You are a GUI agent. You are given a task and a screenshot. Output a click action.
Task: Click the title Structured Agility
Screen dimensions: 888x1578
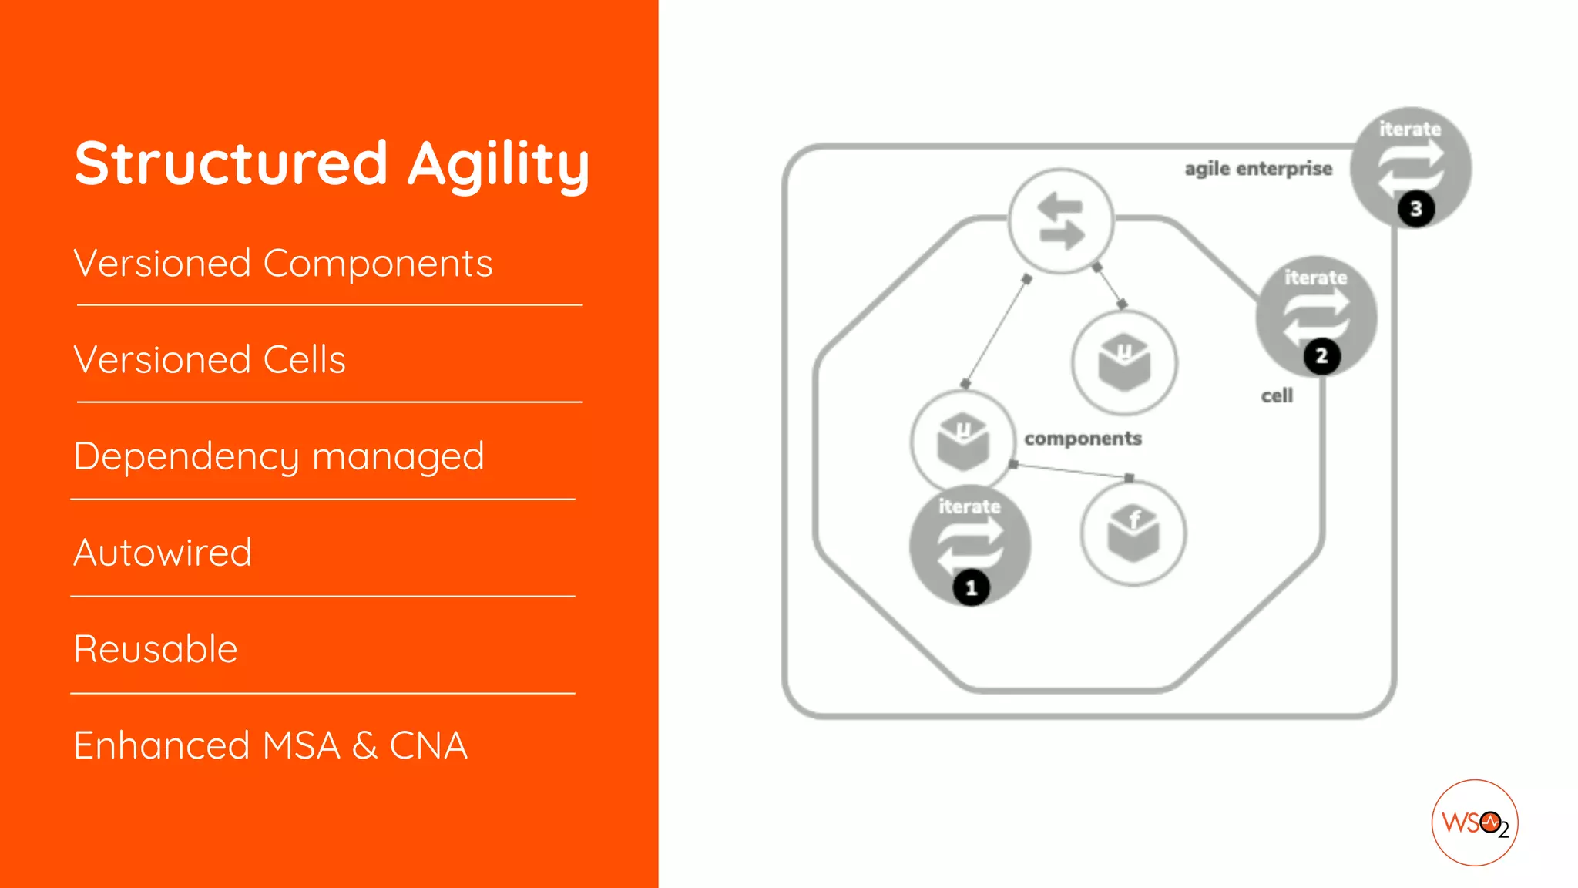pos(332,163)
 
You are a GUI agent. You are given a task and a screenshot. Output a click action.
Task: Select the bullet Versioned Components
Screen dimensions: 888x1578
pos(283,264)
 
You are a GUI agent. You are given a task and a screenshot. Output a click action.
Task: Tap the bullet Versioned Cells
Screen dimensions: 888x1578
pos(210,360)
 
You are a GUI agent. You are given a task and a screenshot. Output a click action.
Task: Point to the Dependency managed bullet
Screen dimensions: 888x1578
pos(279,456)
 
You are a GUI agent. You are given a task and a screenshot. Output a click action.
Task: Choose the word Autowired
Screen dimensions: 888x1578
pos(163,553)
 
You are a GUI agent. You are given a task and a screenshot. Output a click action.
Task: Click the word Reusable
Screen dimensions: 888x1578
pos(156,649)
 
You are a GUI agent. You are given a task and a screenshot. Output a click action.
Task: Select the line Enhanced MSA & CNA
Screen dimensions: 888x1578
pos(270,745)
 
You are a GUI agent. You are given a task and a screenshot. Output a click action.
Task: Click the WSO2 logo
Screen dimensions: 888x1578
pos(1474,822)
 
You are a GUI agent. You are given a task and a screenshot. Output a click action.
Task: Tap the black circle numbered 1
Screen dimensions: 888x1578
pos(971,588)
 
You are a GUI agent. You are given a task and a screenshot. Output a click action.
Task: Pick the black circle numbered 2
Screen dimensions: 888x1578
pos(1321,356)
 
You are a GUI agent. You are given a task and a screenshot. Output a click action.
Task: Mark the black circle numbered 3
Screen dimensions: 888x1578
pos(1415,209)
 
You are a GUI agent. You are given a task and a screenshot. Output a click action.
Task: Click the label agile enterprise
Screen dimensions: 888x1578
pos(1258,169)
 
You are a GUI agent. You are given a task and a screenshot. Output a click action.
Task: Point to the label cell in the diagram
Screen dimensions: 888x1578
pos(1277,396)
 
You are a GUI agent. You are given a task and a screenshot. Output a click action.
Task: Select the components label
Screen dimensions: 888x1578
pos(1083,439)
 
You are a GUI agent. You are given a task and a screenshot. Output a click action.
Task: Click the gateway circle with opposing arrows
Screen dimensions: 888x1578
pos(1061,221)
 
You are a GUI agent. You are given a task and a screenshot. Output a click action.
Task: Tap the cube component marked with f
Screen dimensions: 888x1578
pos(1133,533)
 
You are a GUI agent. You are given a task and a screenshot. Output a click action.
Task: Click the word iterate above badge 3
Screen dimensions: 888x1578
pos(1410,129)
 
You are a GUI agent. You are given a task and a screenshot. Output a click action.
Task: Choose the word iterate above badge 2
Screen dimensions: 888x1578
pos(1315,277)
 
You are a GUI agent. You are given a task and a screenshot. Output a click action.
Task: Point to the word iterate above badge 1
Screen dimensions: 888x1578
pos(969,506)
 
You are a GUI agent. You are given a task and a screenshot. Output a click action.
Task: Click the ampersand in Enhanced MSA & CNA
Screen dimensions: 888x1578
pos(364,745)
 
